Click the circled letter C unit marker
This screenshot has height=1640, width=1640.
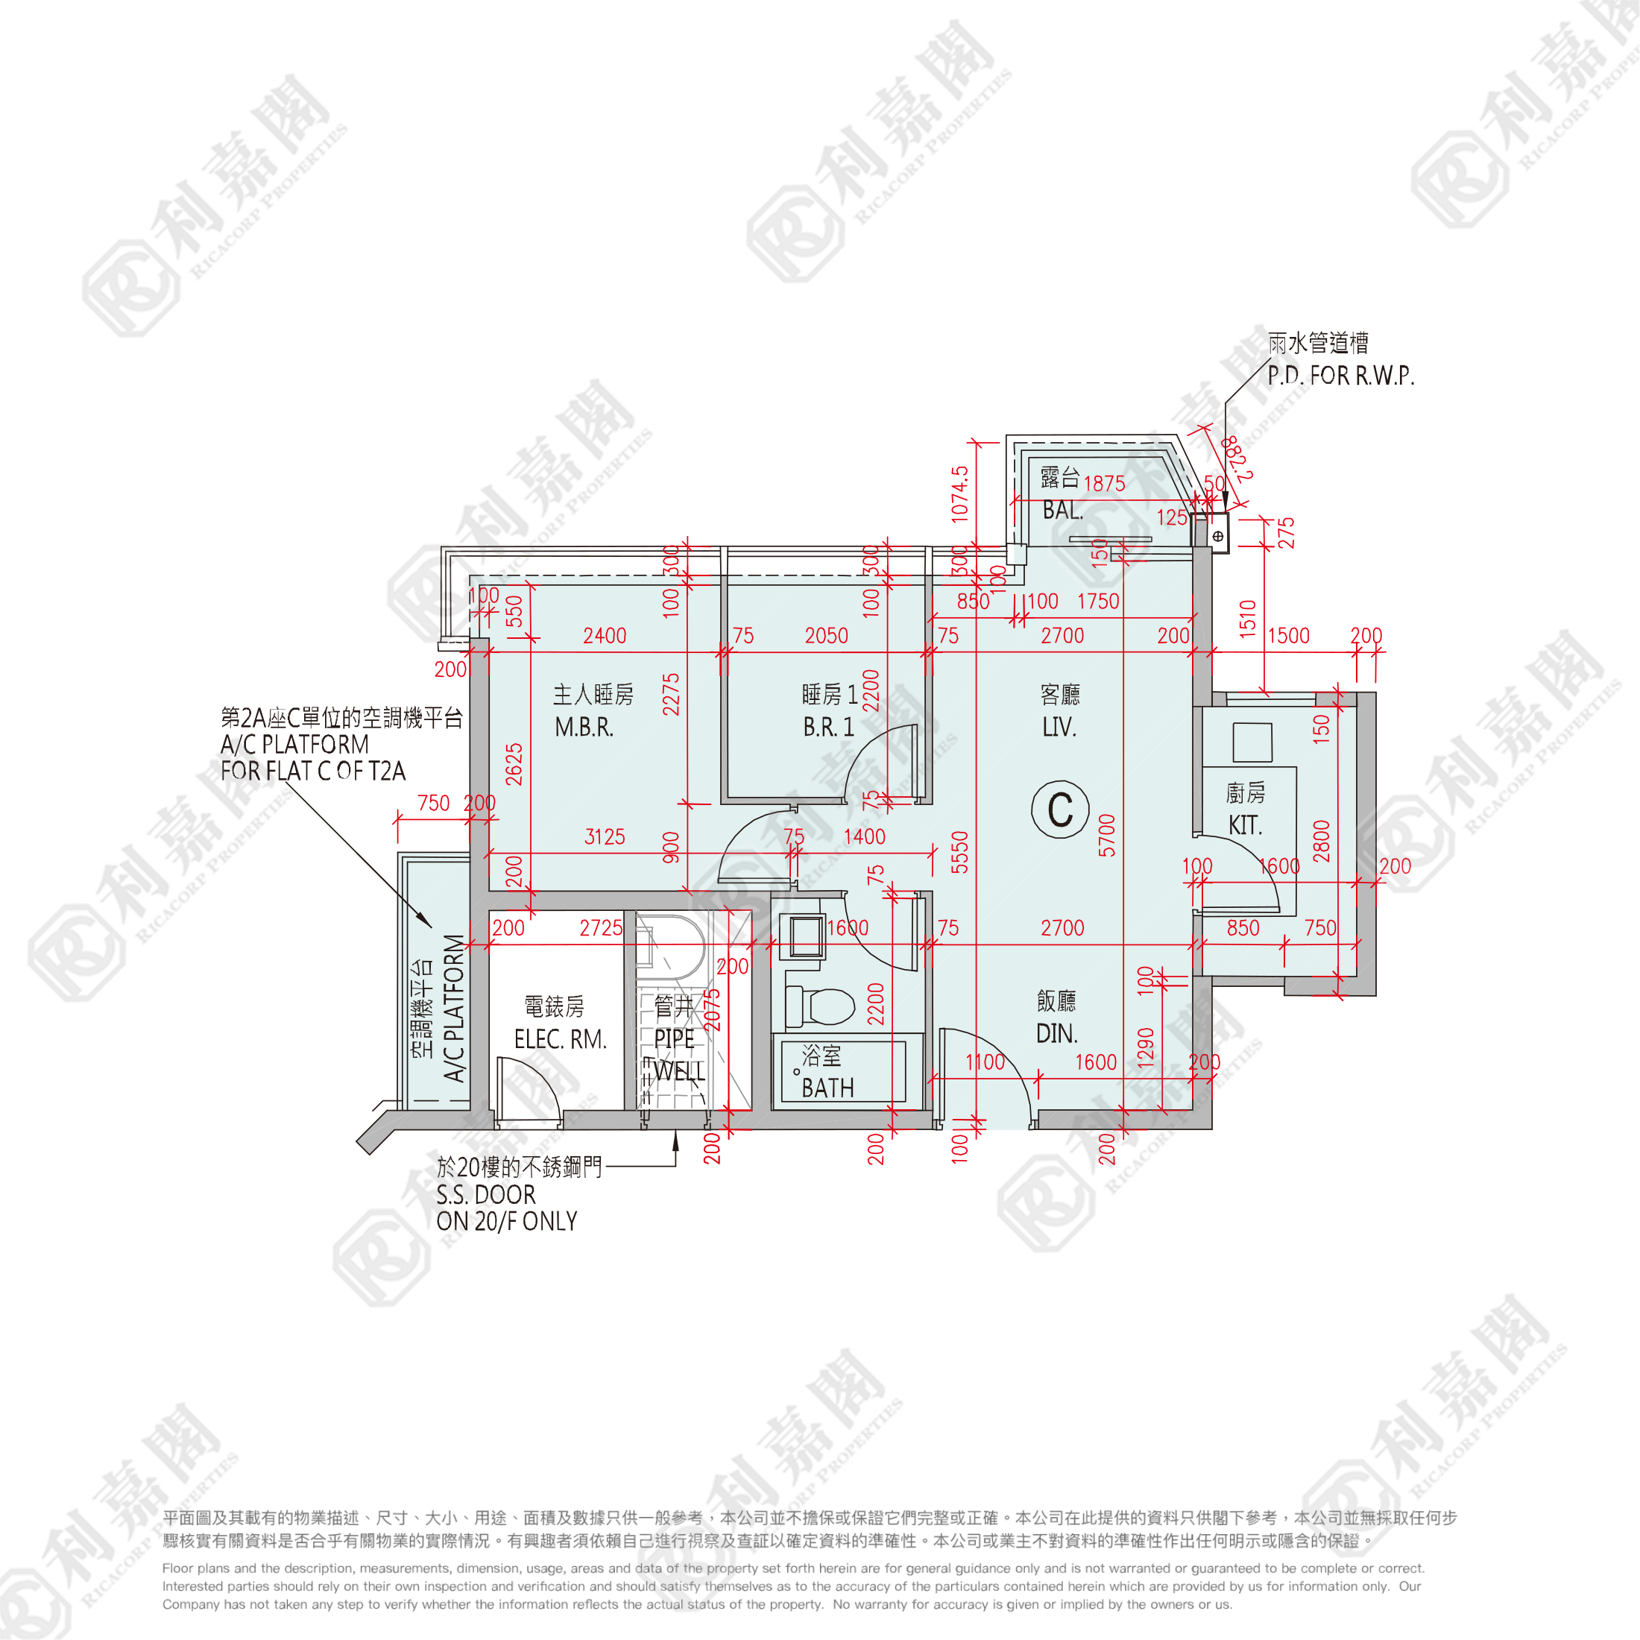(x=1060, y=809)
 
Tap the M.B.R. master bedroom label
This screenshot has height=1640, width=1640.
(x=584, y=728)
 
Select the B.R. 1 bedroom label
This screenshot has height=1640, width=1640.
(x=827, y=728)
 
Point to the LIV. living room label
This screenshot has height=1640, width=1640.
(x=1059, y=728)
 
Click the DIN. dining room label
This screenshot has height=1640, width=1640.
(x=1057, y=1034)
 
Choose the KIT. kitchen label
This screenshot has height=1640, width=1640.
(x=1245, y=825)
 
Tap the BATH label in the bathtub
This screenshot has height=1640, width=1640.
(x=827, y=1088)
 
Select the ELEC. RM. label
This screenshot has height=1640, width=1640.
(x=561, y=1039)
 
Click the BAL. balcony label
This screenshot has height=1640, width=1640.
(x=1063, y=510)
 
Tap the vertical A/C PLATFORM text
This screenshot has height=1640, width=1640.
(x=454, y=1009)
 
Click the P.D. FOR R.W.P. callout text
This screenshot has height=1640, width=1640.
(x=1340, y=375)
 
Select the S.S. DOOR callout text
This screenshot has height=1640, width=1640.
(x=485, y=1195)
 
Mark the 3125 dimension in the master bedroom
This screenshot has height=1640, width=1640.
(x=605, y=837)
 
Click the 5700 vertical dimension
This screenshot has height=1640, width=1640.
(x=1107, y=835)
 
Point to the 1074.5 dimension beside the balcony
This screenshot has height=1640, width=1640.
(x=959, y=494)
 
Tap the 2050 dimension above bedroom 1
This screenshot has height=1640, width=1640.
(x=826, y=636)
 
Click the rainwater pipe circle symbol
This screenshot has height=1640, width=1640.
(x=1218, y=537)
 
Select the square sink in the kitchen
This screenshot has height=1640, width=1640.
(x=1252, y=742)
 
